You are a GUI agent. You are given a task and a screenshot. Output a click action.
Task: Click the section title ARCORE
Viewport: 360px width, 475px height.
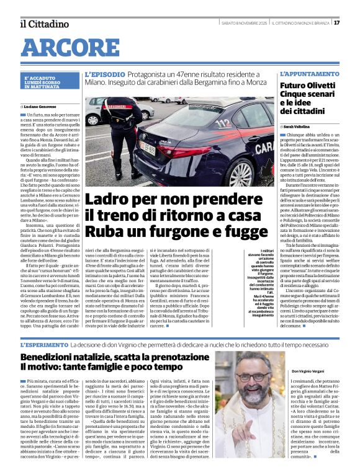(66, 47)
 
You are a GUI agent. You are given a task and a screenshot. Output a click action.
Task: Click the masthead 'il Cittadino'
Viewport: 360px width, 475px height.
(44, 24)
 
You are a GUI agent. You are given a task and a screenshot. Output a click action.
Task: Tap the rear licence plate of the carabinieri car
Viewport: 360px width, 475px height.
(147, 148)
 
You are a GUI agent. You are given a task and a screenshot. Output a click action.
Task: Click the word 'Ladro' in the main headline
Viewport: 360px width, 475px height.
(110, 200)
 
